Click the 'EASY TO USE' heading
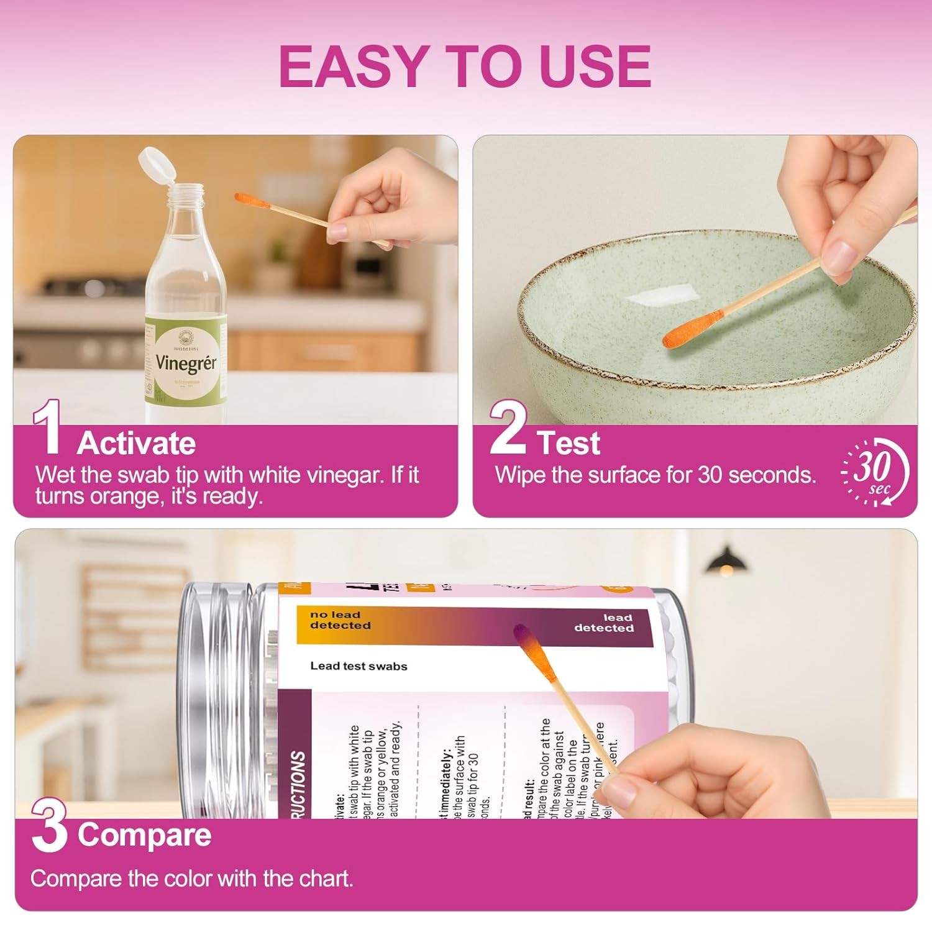tap(465, 66)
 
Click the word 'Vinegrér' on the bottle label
tap(185, 362)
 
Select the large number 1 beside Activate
tap(47, 427)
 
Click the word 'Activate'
tap(136, 444)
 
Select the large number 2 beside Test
tap(508, 427)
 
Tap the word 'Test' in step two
tap(569, 444)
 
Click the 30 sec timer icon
tap(875, 472)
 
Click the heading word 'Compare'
tap(144, 834)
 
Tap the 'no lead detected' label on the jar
tap(340, 620)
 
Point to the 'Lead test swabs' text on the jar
tap(359, 666)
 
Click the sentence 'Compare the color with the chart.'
tap(191, 879)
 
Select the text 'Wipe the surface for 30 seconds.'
tap(655, 475)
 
